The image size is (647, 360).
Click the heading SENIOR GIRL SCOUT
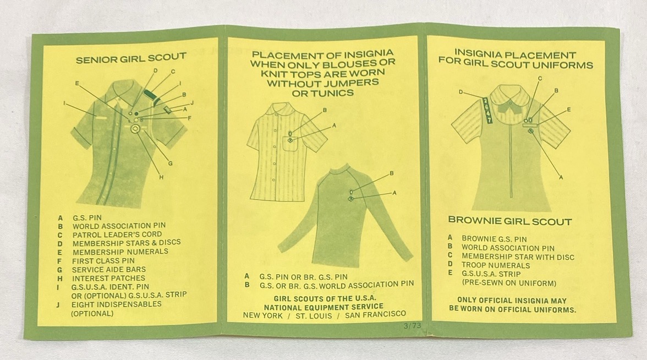[x=131, y=58]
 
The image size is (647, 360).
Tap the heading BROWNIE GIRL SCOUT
[x=510, y=221]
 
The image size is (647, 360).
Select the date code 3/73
[x=413, y=325]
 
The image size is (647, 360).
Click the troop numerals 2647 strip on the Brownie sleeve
[x=487, y=110]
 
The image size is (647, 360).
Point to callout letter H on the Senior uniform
[x=161, y=177]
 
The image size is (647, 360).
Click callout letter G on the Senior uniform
[x=171, y=163]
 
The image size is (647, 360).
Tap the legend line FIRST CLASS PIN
[x=103, y=260]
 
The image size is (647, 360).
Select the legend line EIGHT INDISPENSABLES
[x=117, y=304]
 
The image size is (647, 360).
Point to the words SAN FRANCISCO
[x=375, y=315]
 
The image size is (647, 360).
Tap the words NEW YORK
[x=262, y=316]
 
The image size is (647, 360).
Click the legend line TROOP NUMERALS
[x=496, y=265]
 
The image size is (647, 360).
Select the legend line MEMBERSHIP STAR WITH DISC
[x=518, y=257]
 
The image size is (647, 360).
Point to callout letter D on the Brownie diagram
[x=460, y=92]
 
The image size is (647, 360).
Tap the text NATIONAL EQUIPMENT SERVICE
[x=323, y=307]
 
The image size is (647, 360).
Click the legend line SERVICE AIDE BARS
[x=108, y=270]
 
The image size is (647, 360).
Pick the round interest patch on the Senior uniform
[x=135, y=129]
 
